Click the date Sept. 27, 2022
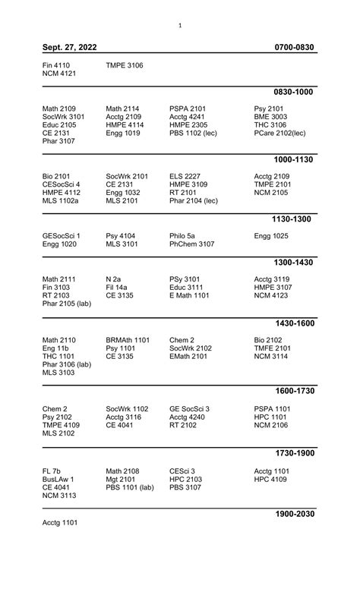point(69,48)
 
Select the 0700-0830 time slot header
point(295,48)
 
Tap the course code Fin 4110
point(56,66)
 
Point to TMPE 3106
point(125,66)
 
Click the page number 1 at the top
point(180,26)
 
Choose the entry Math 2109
point(59,109)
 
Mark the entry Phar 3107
point(59,141)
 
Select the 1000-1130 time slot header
point(294,160)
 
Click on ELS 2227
point(186,176)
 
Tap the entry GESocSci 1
point(62,236)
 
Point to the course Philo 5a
point(182,236)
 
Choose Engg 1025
point(271,236)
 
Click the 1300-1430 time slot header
point(294,263)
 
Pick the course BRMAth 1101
point(128,339)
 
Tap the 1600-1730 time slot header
point(294,391)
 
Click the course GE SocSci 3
point(190,409)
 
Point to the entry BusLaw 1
point(58,480)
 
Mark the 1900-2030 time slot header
point(294,514)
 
